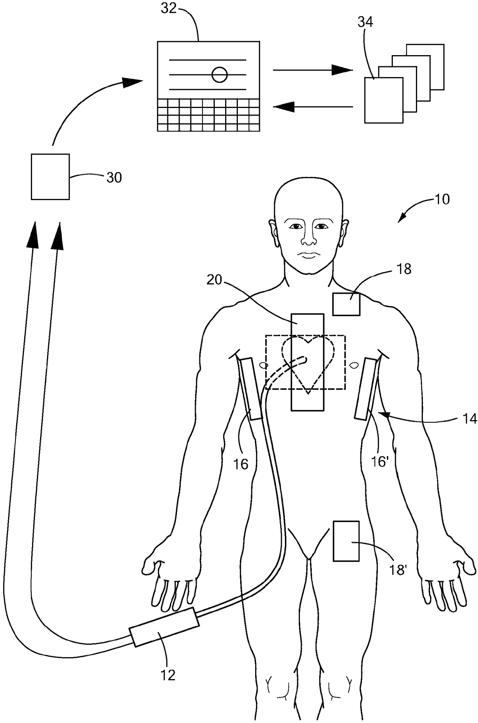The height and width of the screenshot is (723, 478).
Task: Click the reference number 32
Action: [168, 8]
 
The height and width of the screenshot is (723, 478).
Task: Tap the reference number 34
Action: [365, 23]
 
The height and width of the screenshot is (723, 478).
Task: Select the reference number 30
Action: [114, 178]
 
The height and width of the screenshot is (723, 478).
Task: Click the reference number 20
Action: [214, 280]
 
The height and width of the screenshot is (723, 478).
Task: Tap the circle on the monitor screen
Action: [220, 74]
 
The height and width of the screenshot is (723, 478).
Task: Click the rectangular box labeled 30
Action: [50, 177]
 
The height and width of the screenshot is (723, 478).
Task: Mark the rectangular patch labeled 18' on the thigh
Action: [346, 541]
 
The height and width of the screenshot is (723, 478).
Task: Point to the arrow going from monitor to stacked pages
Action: [313, 70]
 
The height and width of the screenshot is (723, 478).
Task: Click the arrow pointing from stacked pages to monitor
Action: [313, 106]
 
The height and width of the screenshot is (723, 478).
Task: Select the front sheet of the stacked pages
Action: [384, 100]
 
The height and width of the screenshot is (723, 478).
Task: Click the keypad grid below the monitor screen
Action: [208, 115]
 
